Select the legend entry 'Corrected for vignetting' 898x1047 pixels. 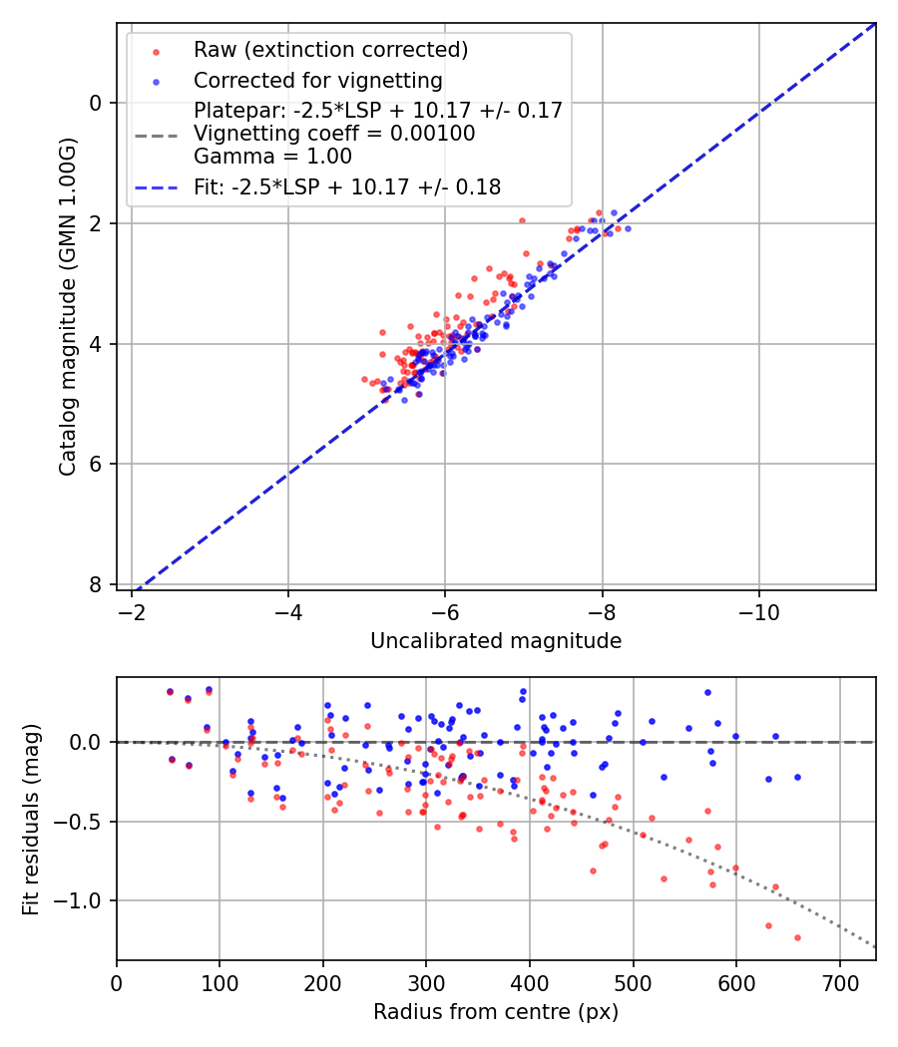click(x=317, y=80)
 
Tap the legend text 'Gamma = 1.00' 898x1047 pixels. click(x=272, y=156)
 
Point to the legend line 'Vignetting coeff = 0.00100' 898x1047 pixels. click(x=334, y=133)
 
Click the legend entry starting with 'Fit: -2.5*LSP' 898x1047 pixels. click(x=346, y=186)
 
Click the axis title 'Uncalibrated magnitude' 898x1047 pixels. click(x=496, y=641)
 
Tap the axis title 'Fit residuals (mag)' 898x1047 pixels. click(x=31, y=820)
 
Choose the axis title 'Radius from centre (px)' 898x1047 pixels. click(x=496, y=1012)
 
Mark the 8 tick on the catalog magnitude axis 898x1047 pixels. click(x=95, y=584)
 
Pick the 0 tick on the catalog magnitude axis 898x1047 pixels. click(x=95, y=103)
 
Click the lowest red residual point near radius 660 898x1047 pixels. click(x=797, y=937)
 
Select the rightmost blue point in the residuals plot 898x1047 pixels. click(x=797, y=777)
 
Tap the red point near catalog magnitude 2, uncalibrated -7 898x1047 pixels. click(x=522, y=220)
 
